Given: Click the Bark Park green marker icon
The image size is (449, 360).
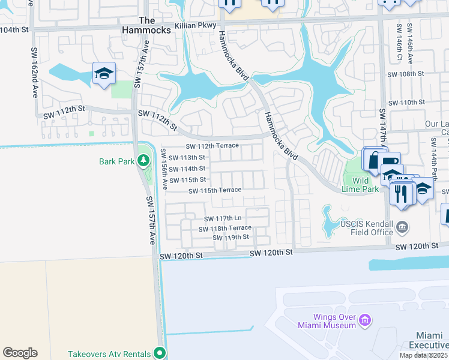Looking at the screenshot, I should tap(143, 160).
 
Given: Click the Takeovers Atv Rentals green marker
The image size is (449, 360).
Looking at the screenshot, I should tap(159, 353).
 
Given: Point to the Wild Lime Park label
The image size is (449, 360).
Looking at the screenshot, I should tap(368, 184).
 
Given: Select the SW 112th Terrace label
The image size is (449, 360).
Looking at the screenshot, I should tap(212, 146).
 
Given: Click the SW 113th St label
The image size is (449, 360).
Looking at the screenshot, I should tap(188, 157).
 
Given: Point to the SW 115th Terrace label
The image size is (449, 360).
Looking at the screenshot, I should tap(215, 191).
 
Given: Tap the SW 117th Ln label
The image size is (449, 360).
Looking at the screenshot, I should tap(222, 219).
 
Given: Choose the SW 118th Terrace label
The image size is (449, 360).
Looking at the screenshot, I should tap(225, 229).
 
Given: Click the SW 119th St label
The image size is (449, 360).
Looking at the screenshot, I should tap(231, 238).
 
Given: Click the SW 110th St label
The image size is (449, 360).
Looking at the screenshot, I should tap(406, 103).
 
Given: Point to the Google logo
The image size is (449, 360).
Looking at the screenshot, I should tap(20, 353).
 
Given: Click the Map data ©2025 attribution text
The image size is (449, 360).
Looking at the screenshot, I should tap(423, 355).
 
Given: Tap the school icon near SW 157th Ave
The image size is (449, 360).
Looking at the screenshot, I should tap(104, 74).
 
